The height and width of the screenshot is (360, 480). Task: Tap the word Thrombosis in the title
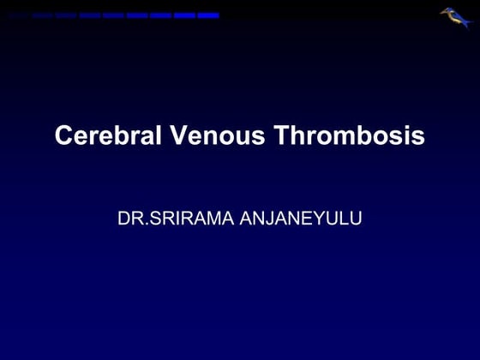(351, 136)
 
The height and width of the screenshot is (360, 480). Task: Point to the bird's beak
(443, 12)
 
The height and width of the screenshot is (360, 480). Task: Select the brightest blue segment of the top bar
(208, 15)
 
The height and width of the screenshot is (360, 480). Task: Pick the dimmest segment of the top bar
(19, 15)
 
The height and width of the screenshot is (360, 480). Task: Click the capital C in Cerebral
(63, 136)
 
